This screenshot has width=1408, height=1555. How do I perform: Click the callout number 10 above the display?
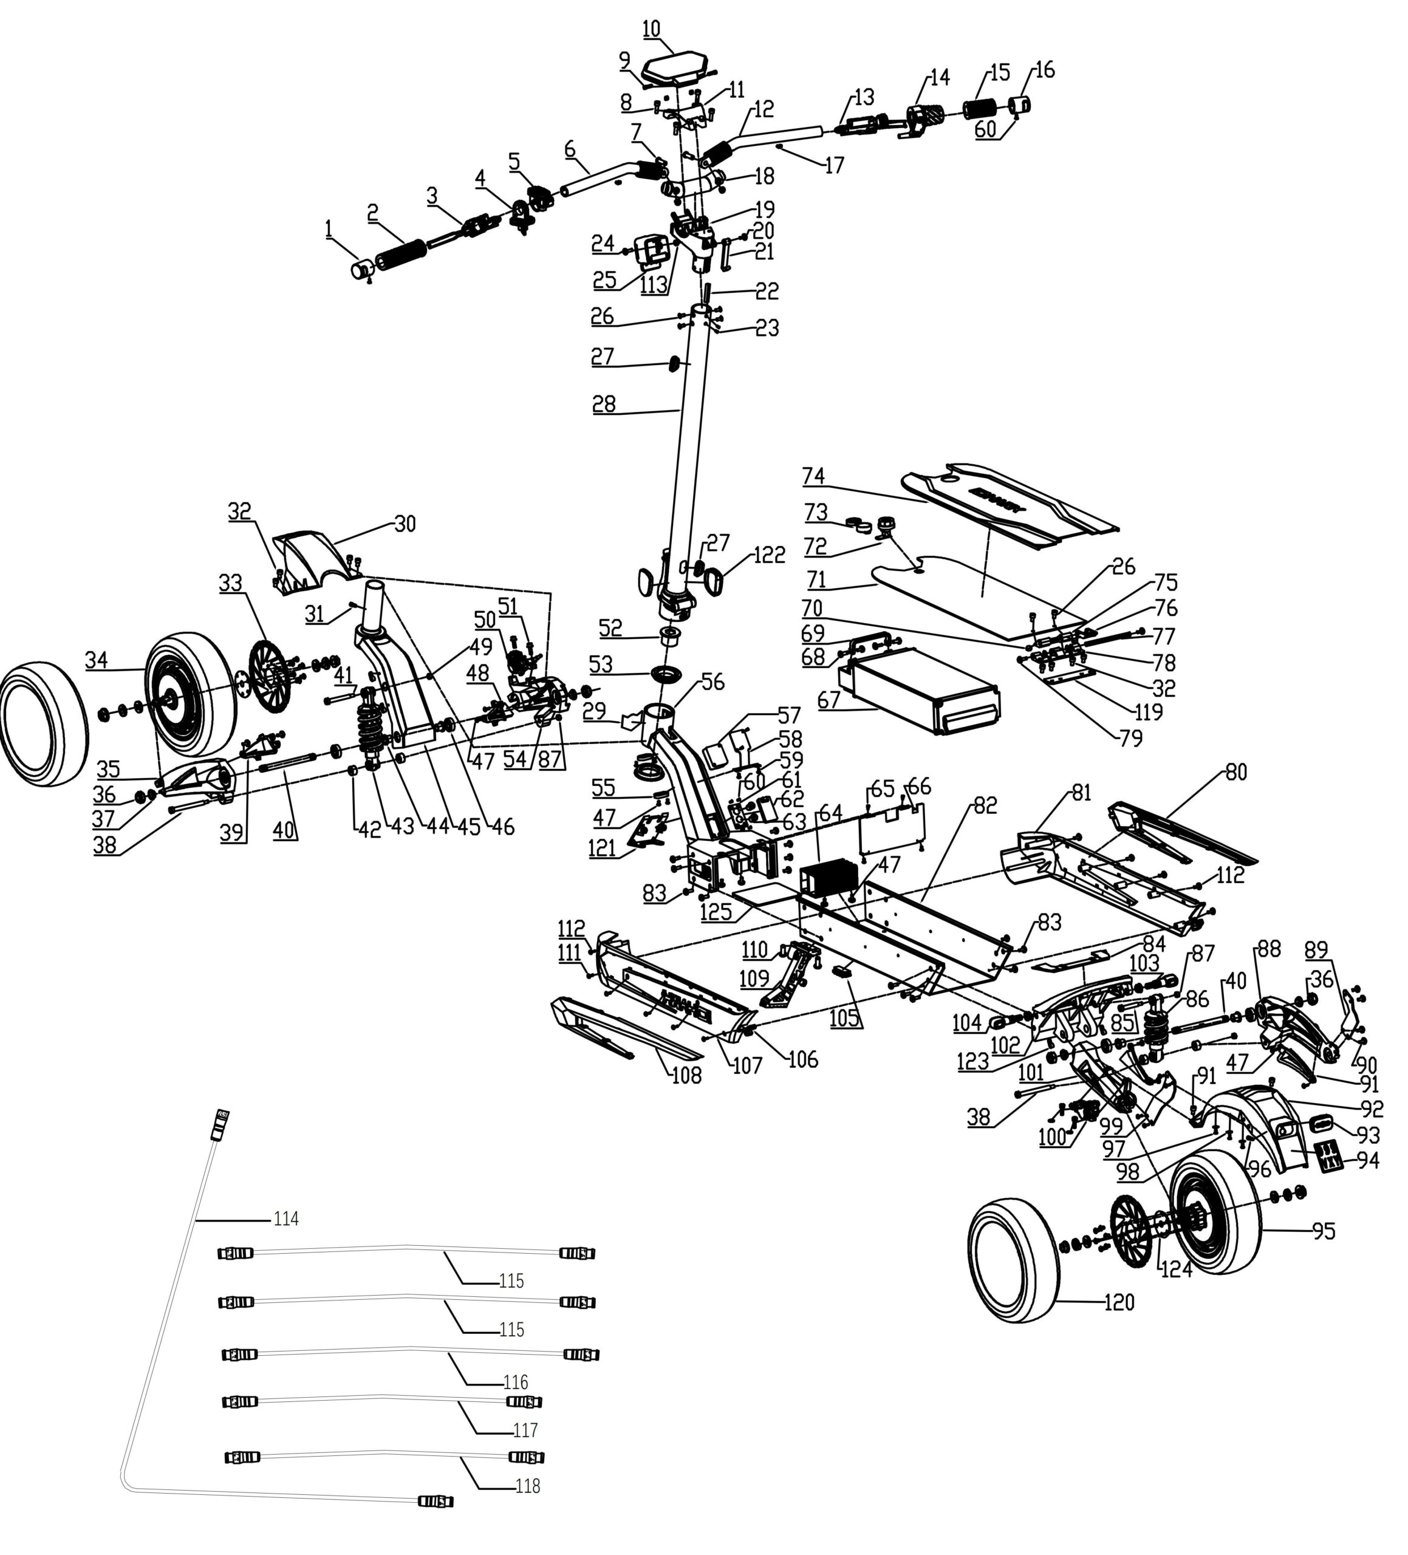tap(651, 29)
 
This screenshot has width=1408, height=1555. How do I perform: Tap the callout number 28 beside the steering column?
tap(604, 404)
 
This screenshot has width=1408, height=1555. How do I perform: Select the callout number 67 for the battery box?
tap(828, 700)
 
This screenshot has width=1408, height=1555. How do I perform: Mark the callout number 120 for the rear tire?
tap(1119, 1302)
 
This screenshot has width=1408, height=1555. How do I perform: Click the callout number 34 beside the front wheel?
tap(97, 660)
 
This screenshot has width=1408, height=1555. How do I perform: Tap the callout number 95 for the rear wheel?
tap(1324, 1231)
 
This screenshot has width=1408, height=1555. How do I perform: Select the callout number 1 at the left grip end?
tap(329, 229)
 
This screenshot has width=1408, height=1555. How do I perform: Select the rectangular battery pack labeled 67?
tap(922, 689)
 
